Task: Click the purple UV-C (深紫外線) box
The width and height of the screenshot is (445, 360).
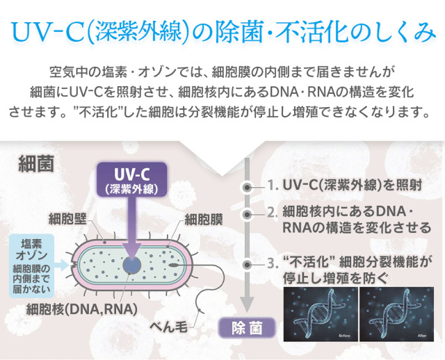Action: (131, 179)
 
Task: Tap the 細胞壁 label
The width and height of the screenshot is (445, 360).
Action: (67, 218)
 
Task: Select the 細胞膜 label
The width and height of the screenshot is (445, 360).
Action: (204, 219)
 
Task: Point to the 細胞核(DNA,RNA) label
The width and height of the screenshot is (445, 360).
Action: (81, 309)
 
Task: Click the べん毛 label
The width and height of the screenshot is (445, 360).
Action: (168, 327)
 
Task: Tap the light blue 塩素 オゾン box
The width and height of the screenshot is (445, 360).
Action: (31, 265)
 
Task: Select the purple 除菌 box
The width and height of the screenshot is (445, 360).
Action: (247, 328)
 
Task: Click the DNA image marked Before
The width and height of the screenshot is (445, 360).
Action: (321, 314)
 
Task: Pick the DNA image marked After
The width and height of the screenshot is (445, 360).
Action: (397, 314)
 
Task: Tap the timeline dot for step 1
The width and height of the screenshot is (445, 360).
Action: (248, 187)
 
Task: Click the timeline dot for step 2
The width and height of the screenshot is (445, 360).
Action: (248, 215)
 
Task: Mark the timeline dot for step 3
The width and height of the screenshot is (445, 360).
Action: (248, 265)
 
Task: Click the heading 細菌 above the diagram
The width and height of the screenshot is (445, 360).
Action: (36, 164)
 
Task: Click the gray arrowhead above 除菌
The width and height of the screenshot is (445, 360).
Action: (248, 304)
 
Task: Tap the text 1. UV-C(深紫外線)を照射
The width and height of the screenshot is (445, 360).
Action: (345, 186)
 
